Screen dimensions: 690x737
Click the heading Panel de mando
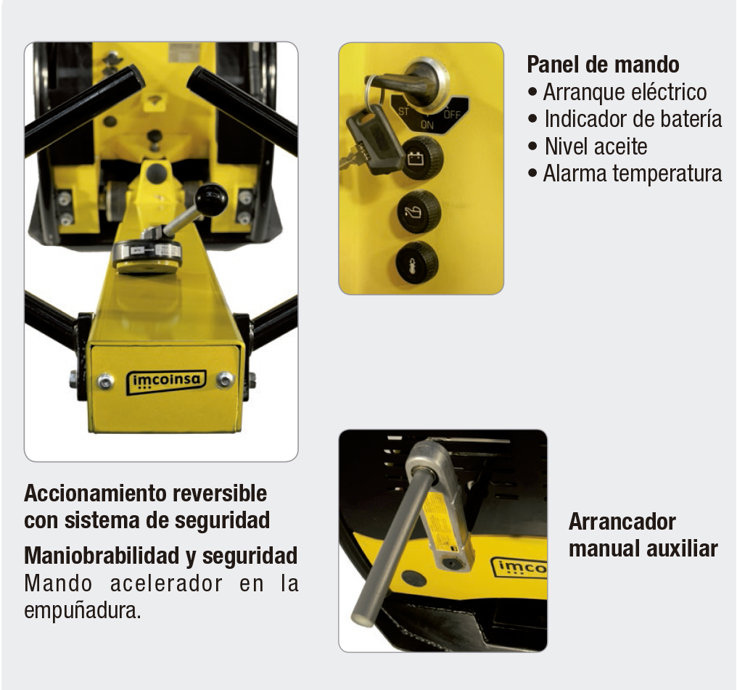(603, 65)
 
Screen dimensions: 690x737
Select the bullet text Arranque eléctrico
(624, 92)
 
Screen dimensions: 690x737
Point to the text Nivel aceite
(596, 146)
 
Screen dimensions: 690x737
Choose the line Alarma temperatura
(632, 173)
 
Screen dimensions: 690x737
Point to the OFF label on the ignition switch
(452, 114)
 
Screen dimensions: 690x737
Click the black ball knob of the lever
(211, 199)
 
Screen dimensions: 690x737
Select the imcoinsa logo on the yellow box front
(166, 382)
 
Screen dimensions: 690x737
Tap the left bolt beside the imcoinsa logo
(107, 380)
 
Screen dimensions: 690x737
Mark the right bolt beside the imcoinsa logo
(226, 379)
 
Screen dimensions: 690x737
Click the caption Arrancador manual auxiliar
(643, 535)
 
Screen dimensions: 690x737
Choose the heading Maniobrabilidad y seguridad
(160, 556)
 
